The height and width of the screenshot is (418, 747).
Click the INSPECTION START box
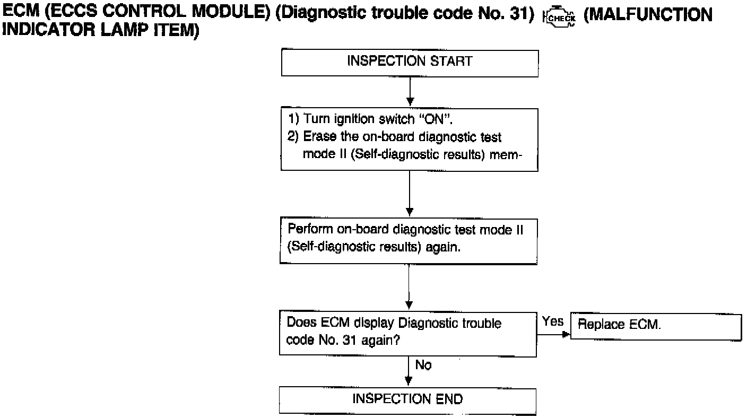(x=409, y=62)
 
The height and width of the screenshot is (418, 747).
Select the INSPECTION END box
(x=407, y=400)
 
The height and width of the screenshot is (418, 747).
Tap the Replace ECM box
(x=655, y=325)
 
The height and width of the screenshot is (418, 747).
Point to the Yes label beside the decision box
(x=553, y=321)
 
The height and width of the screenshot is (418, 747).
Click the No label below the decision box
(x=423, y=365)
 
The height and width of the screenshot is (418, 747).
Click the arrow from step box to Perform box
(x=410, y=194)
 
